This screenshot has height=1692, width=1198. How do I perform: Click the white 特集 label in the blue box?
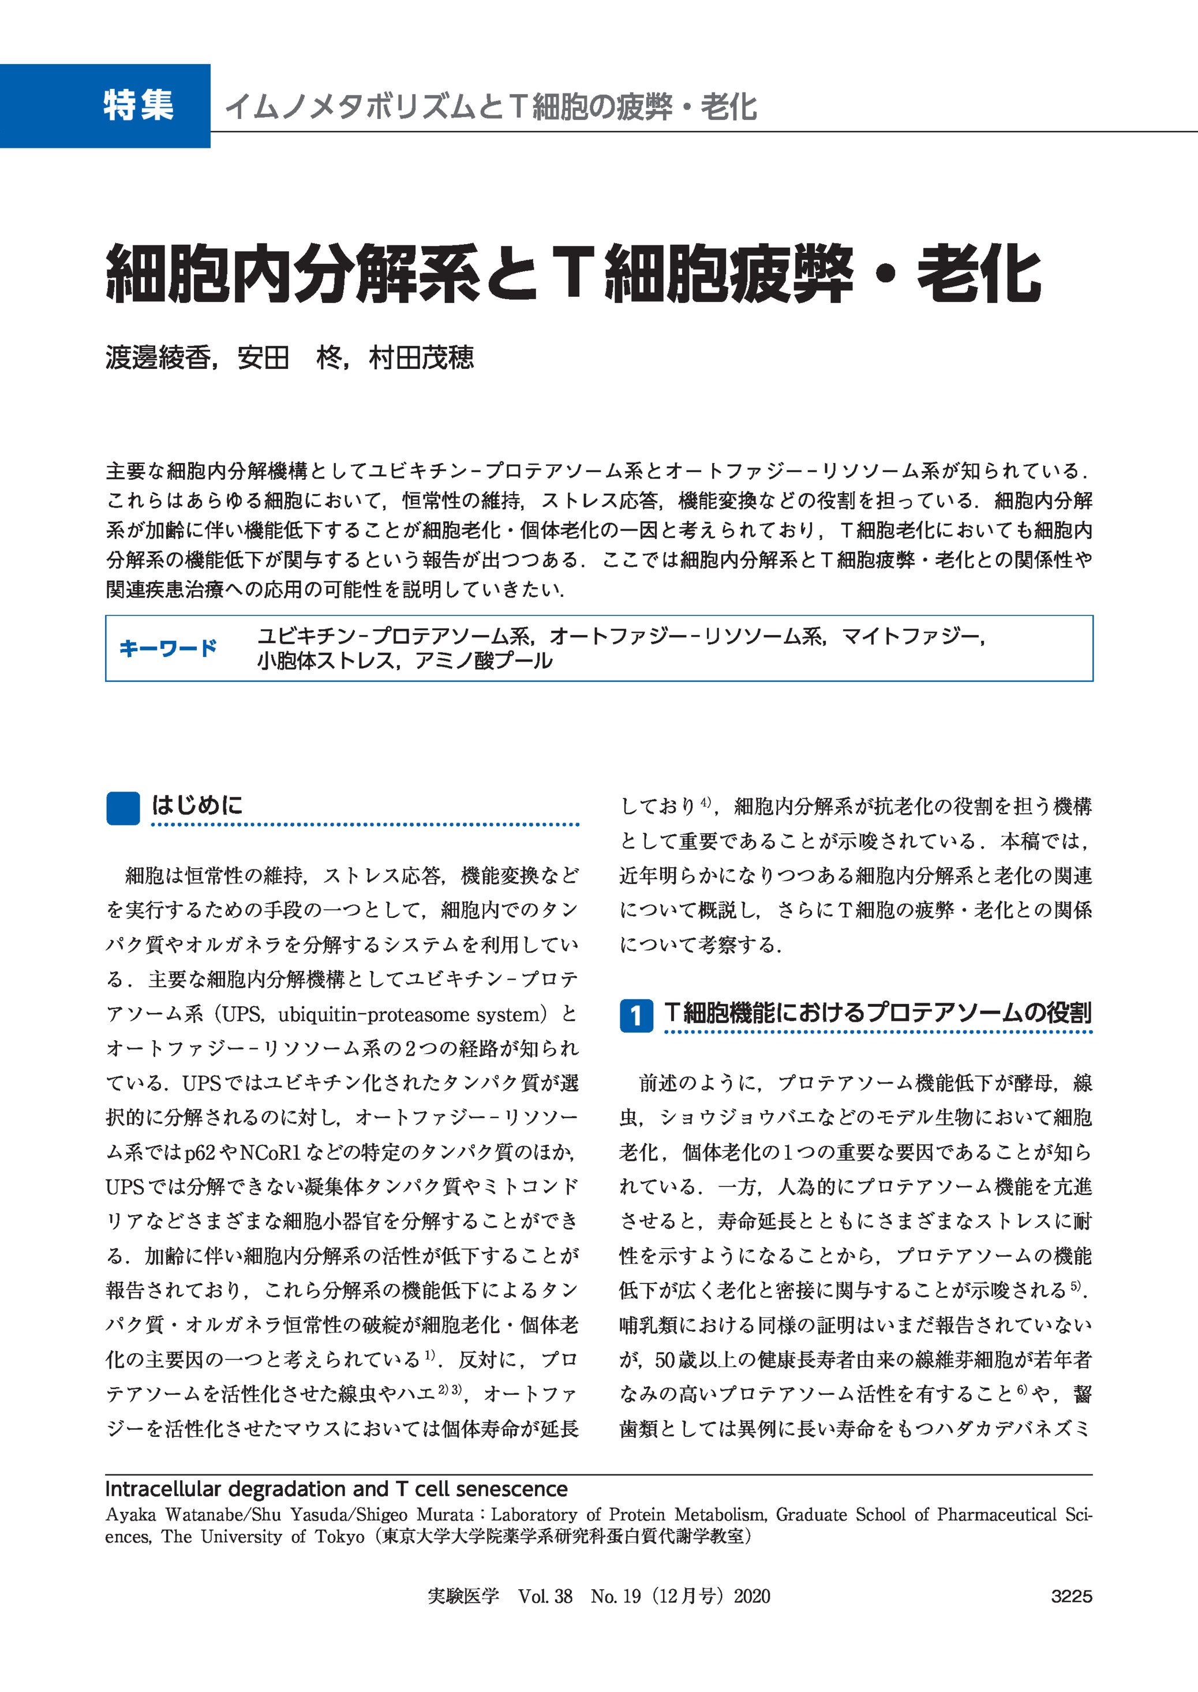[138, 105]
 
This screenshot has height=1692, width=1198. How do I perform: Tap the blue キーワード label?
[168, 648]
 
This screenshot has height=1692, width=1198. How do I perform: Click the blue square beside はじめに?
[123, 808]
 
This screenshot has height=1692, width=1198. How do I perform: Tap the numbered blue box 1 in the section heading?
[635, 1016]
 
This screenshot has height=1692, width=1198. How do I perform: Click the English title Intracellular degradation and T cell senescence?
[336, 1489]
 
